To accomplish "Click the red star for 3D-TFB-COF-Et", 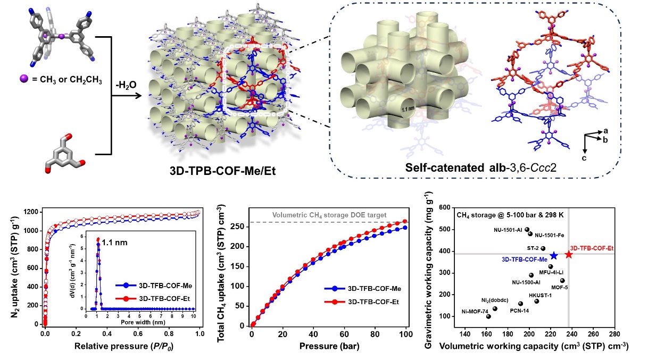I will click(x=569, y=254).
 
